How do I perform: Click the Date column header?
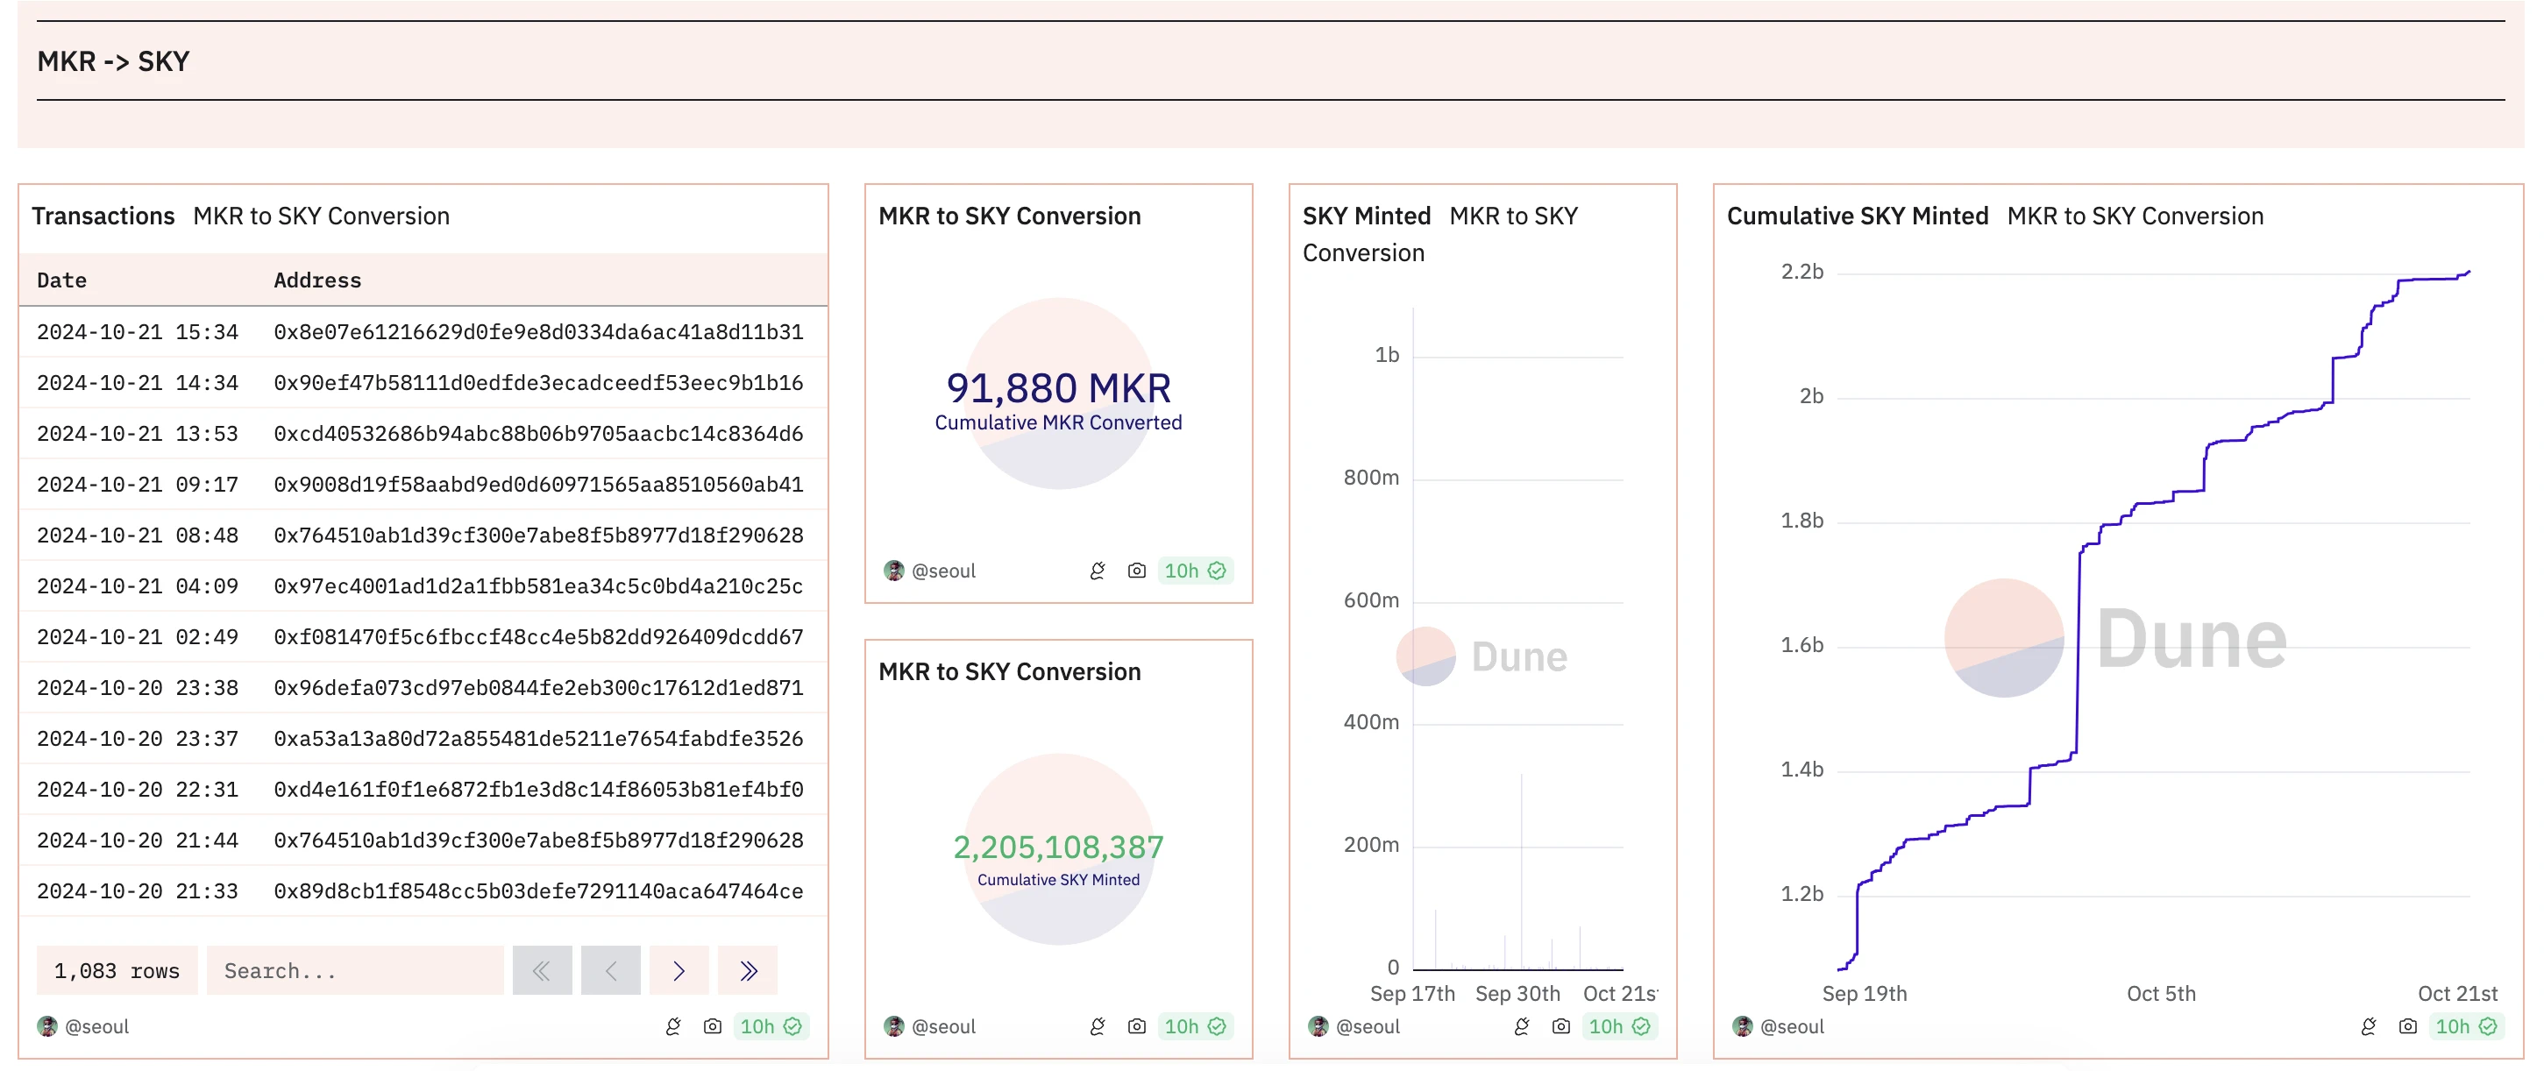(61, 280)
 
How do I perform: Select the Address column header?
(317, 280)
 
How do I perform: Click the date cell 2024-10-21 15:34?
(138, 331)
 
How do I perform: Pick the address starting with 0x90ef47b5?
(538, 383)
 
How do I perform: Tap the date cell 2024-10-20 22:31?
(138, 790)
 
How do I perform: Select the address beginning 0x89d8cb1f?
(538, 891)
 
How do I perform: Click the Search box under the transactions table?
(354, 971)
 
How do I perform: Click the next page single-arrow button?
(679, 971)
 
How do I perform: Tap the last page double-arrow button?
(748, 971)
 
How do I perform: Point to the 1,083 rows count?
(117, 971)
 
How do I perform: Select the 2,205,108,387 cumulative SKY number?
(1058, 847)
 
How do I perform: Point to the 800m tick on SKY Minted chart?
(1371, 478)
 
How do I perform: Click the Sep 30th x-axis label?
(1517, 994)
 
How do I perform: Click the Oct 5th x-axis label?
(2161, 994)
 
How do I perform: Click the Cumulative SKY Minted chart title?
(1857, 216)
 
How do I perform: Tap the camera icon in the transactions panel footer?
(712, 1026)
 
